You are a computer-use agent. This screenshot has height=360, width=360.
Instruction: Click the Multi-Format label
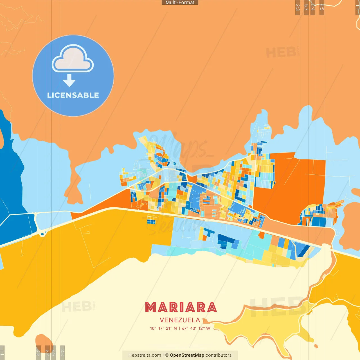(180, 3)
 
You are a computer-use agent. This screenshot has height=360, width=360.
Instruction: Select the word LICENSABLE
(73, 95)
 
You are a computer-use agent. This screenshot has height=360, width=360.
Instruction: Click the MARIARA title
(181, 307)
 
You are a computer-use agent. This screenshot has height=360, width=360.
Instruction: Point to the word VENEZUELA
(180, 320)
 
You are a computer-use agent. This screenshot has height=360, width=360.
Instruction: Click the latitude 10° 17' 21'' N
(163, 328)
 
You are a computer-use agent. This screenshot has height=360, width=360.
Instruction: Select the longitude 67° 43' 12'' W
(196, 328)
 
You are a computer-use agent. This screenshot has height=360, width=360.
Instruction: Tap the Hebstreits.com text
(145, 355)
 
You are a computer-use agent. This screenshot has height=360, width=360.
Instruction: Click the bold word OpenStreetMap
(187, 355)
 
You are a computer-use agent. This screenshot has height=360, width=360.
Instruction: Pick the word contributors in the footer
(219, 355)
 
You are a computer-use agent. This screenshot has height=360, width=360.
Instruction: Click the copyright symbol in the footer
(167, 355)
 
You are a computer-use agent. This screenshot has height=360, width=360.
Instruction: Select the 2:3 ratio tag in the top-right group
(298, 8)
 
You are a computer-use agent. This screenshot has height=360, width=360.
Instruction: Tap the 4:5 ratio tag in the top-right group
(322, 8)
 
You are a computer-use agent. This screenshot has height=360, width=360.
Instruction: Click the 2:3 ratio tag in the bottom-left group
(62, 352)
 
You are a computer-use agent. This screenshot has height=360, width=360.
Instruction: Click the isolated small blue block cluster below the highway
(151, 222)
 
